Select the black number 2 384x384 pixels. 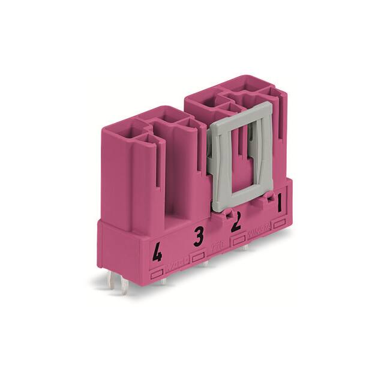[x=236, y=223]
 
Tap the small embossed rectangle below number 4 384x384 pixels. [x=158, y=274]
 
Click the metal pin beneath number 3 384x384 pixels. [x=205, y=265]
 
